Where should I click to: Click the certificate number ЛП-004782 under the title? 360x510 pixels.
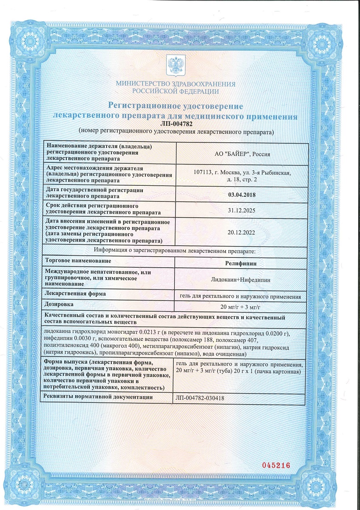coord(175,124)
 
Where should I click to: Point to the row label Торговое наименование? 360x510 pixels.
coord(78,261)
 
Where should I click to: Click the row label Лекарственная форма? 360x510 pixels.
coord(76,294)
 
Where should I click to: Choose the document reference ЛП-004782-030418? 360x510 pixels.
coord(199,398)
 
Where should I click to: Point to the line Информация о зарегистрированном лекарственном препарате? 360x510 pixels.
coord(175,251)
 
